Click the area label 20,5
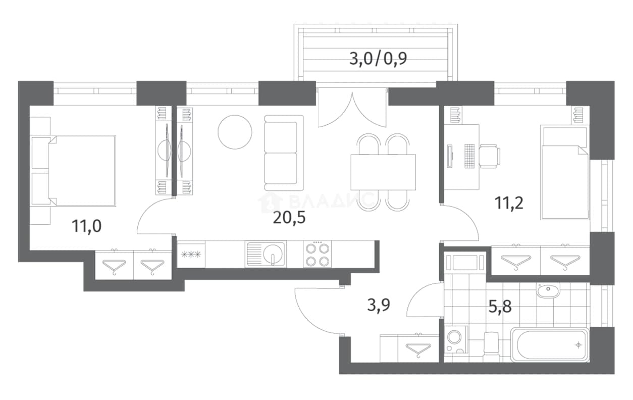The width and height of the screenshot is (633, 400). coord(289,218)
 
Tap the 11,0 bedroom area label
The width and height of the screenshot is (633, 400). coord(86,226)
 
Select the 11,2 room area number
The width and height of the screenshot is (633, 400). coord(509,203)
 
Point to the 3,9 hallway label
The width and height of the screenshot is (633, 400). coord(379,305)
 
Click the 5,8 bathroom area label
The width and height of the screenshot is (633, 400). coord(500,307)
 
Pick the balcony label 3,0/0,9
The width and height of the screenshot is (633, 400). coord(378,59)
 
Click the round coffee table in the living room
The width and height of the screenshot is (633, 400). coord(235,132)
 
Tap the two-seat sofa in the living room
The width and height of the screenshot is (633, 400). coord(284,153)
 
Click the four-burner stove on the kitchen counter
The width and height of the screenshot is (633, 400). coord(318,254)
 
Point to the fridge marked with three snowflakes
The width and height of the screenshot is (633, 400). coord(191,255)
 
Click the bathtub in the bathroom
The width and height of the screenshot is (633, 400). coord(550,344)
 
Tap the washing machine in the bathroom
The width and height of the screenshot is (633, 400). coord(455,339)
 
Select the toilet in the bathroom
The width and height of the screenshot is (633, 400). coord(492,347)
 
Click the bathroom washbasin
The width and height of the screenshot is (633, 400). coord(548,290)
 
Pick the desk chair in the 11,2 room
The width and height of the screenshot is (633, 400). coord(490,156)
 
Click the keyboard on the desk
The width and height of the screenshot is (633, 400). coord(469,156)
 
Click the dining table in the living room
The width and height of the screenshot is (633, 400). coord(383,172)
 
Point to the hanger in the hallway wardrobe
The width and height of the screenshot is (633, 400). coord(418,350)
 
